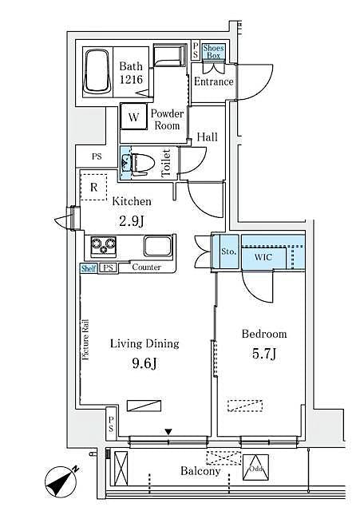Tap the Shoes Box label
213,51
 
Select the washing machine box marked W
134,117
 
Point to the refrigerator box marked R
94,188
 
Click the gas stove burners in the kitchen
103,244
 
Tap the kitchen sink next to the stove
155,245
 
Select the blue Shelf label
89,267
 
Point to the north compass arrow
61,478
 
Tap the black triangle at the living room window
168,432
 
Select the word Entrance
213,81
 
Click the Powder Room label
167,119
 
